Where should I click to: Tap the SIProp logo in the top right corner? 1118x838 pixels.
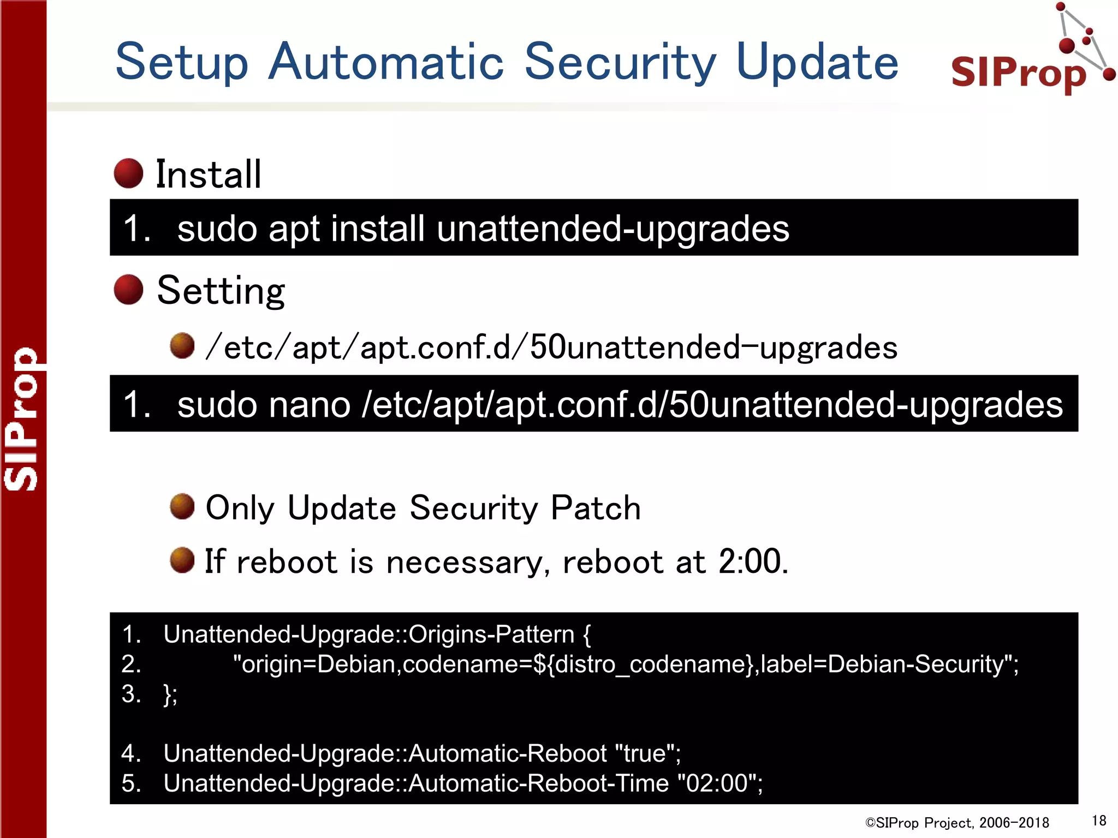[x=1026, y=60]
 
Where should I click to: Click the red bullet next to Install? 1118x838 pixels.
[x=128, y=173]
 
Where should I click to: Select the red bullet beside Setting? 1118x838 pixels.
[x=128, y=289]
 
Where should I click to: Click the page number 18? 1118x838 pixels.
[x=1099, y=821]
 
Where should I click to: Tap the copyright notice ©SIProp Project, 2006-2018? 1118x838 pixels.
[x=957, y=823]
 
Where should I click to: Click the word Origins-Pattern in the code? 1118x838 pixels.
[x=491, y=635]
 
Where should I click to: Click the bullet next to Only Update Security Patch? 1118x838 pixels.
[x=182, y=507]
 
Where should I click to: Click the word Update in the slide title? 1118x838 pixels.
[x=817, y=62]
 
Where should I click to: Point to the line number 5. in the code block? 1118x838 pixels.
[x=131, y=783]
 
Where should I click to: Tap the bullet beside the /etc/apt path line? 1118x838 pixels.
[x=182, y=346]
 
